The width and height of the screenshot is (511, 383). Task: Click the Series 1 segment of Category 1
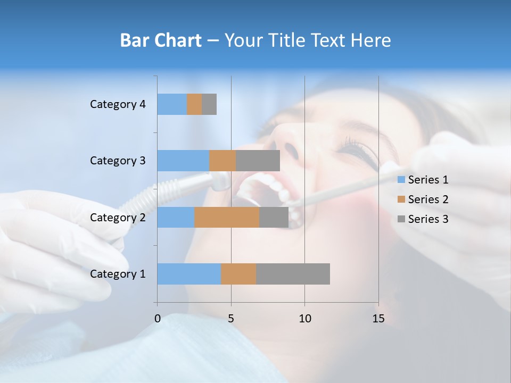point(189,274)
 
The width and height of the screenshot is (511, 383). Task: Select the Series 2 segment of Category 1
point(238,274)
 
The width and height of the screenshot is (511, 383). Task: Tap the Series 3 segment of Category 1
point(293,274)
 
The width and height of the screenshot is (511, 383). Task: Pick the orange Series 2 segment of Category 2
point(227,218)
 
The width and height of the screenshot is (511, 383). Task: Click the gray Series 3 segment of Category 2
point(274,218)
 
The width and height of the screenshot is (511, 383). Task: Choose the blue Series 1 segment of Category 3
point(183,161)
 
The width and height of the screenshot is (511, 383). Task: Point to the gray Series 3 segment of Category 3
point(258,161)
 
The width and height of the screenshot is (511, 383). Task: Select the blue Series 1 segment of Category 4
point(172,104)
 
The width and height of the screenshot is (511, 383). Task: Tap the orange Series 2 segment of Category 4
point(194,104)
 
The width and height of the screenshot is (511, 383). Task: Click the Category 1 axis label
point(117,274)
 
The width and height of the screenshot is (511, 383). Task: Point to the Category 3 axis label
point(117,161)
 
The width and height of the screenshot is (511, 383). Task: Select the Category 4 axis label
point(117,104)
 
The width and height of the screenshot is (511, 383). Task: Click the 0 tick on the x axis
point(158,319)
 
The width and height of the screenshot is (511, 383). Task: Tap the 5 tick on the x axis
point(231,319)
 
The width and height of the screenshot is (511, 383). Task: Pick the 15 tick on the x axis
point(378,319)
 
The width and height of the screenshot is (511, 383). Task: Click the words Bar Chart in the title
point(161,40)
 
